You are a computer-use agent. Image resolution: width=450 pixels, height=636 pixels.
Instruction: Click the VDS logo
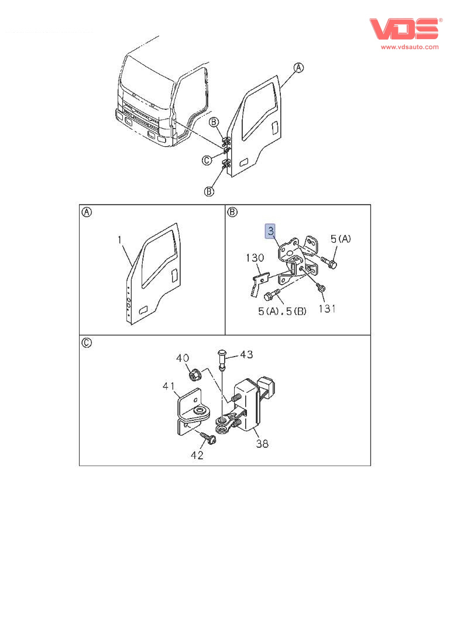(x=404, y=29)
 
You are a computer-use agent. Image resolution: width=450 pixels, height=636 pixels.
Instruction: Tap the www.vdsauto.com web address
(x=410, y=47)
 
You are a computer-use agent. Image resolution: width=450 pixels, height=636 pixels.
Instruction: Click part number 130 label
(x=255, y=258)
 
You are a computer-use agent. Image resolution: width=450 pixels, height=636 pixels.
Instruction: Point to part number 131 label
(x=327, y=308)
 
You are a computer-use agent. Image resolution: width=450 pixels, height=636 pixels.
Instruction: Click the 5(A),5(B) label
(x=282, y=312)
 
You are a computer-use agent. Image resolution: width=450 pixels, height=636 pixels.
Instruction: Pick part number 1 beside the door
(x=119, y=240)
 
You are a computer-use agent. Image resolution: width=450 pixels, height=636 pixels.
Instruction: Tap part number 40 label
(x=183, y=358)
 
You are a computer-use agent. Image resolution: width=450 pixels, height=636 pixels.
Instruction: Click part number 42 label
(x=197, y=455)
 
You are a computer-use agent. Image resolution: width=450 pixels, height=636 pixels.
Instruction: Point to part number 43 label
(x=246, y=354)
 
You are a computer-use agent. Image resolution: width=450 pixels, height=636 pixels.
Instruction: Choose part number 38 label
(x=262, y=444)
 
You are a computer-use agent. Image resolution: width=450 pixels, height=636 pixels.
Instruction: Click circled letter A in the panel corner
(x=86, y=212)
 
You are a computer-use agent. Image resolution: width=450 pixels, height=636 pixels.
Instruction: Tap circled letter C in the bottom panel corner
(x=86, y=343)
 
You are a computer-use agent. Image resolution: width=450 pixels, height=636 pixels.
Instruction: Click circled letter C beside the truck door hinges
(x=207, y=161)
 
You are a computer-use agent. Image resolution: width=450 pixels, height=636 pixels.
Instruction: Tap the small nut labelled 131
(x=321, y=288)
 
